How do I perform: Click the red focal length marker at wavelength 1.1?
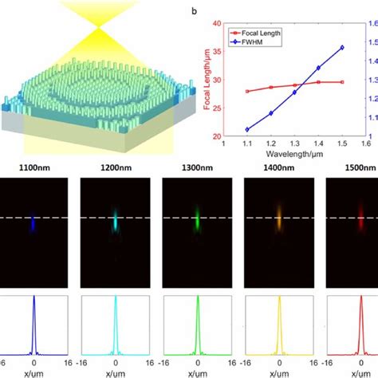[x=247, y=91]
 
